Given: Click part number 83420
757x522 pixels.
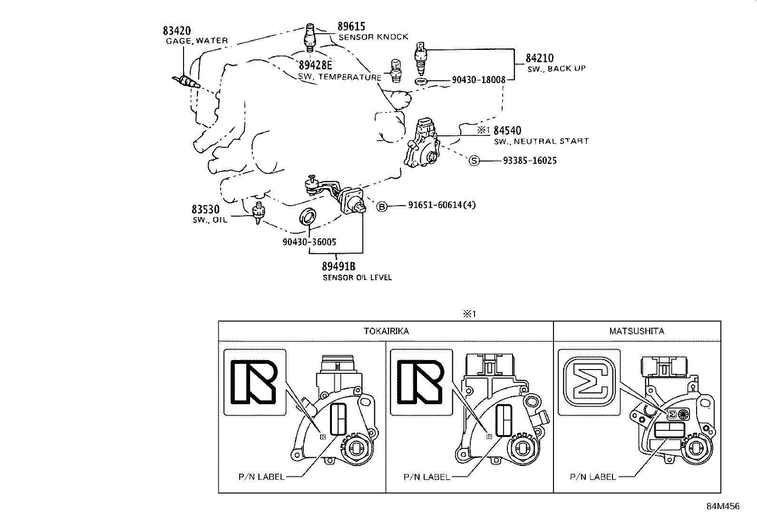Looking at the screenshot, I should (176, 31).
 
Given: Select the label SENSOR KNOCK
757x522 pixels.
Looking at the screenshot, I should (373, 37).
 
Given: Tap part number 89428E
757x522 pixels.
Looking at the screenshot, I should (316, 65).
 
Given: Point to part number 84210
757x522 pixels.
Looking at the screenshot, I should (539, 58).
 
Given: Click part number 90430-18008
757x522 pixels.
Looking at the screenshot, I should (478, 80).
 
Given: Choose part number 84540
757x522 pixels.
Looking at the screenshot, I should (507, 131).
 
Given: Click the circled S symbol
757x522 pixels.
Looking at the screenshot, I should (474, 161).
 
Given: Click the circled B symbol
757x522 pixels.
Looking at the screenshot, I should (382, 206).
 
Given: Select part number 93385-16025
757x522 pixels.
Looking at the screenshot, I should (529, 161).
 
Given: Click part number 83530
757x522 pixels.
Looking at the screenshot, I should (205, 209).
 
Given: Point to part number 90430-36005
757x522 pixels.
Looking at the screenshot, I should (309, 242).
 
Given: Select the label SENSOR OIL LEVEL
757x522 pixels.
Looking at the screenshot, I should (357, 277).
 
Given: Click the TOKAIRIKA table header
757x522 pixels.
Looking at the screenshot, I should (386, 331).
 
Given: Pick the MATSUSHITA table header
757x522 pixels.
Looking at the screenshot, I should (636, 331).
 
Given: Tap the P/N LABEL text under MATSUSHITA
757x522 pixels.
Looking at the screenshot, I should (592, 477).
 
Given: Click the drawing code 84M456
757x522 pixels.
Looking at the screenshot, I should (723, 506).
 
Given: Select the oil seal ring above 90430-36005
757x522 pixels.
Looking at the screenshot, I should (308, 216).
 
